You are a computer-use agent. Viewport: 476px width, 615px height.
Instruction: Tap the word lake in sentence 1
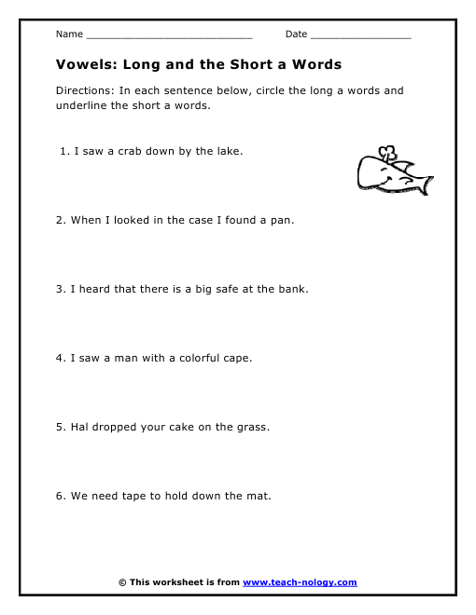coord(230,151)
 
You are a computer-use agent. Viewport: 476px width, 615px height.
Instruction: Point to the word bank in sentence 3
coord(292,289)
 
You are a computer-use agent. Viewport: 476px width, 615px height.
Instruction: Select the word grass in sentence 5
coord(252,427)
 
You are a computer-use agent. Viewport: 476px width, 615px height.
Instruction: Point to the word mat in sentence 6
coord(260,496)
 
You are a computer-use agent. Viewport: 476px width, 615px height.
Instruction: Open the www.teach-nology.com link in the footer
coord(300,582)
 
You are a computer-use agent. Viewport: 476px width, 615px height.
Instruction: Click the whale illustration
coord(392,172)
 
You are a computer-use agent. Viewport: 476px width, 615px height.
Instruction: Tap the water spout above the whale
coord(385,151)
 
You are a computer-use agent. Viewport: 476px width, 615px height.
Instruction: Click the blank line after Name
coord(168,35)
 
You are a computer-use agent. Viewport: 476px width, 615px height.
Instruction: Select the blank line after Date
coord(359,35)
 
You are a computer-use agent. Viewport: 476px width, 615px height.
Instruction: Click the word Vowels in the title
coord(81,65)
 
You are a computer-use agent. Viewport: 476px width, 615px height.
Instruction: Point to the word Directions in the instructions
coord(83,91)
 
